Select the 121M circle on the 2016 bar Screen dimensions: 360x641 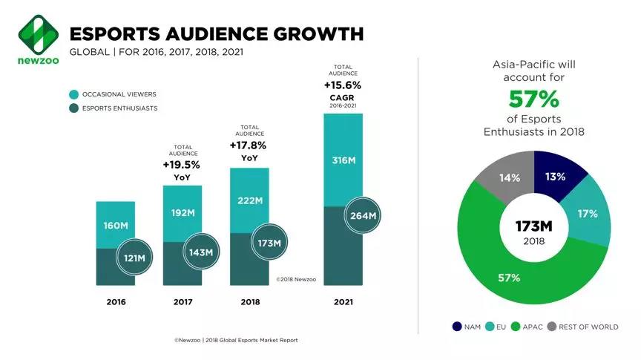pos(134,258)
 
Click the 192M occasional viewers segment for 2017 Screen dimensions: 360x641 pos(183,212)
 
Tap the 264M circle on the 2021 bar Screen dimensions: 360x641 pos(362,216)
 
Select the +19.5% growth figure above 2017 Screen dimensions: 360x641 pos(182,165)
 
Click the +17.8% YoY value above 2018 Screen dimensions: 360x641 pos(248,145)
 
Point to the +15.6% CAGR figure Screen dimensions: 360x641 pos(342,85)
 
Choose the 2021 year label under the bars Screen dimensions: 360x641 pos(343,302)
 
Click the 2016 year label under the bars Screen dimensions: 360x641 pos(116,302)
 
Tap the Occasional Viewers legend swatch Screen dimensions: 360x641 pos(74,95)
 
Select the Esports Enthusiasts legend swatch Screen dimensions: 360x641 pos(74,108)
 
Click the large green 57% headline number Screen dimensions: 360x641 pos(533,99)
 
